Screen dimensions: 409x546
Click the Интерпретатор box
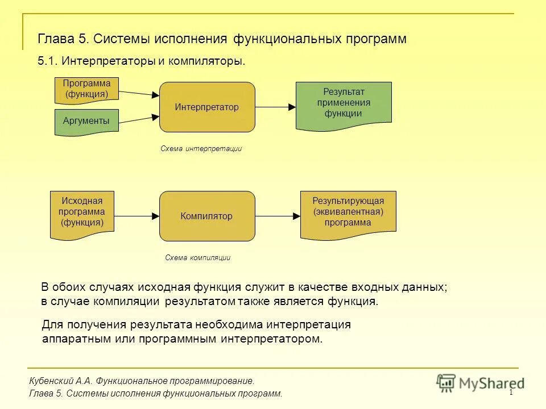pos(207,107)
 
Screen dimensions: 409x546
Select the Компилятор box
pos(207,216)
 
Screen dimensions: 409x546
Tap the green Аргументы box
pos(86,122)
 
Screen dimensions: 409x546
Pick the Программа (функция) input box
pos(86,90)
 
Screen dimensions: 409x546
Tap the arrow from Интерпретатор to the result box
pos(275,107)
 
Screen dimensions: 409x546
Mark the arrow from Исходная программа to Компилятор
pos(136,216)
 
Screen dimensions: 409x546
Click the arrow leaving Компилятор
pos(278,216)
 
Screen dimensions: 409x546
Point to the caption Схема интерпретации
pos(201,149)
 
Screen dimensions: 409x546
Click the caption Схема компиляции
pos(197,257)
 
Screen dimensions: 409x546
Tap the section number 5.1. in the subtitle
pos(48,61)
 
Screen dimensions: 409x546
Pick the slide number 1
pos(511,393)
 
